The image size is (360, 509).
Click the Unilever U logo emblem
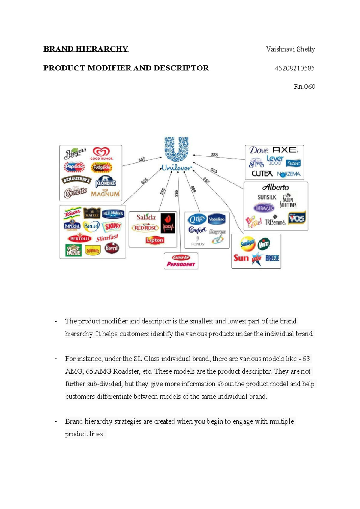pyautogui.click(x=176, y=149)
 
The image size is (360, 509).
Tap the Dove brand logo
pyautogui.click(x=259, y=150)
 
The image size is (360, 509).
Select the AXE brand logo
pyautogui.click(x=285, y=150)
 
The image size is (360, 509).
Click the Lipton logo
pyautogui.click(x=155, y=240)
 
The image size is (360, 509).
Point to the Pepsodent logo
pyautogui.click(x=181, y=264)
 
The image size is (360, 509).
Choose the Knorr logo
pyautogui.click(x=72, y=213)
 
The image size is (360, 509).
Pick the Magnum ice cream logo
pyautogui.click(x=105, y=194)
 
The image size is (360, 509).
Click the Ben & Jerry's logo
pyautogui.click(x=76, y=180)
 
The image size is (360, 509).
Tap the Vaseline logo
pyautogui.click(x=217, y=219)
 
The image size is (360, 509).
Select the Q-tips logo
pyautogui.click(x=197, y=219)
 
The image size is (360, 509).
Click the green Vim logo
pyautogui.click(x=264, y=244)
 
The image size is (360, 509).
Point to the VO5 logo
pyautogui.click(x=297, y=218)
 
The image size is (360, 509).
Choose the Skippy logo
pyautogui.click(x=112, y=226)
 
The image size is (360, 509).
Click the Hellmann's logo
pyautogui.click(x=113, y=213)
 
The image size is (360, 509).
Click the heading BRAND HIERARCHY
pyautogui.click(x=86, y=49)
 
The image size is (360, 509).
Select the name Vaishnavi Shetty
pyautogui.click(x=290, y=49)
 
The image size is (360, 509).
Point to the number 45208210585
pyautogui.click(x=295, y=68)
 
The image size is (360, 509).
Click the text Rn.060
pyautogui.click(x=304, y=87)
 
